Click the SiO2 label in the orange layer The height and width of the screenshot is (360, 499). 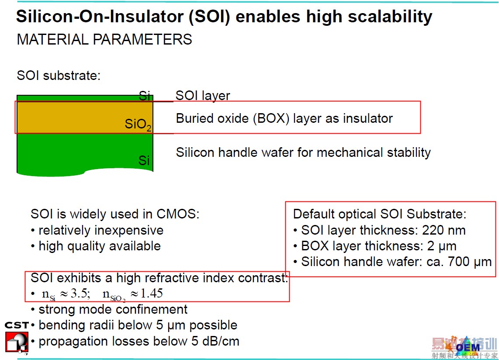(138, 124)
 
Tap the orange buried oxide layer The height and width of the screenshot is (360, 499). (85, 117)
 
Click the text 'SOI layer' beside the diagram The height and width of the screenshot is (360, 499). (203, 96)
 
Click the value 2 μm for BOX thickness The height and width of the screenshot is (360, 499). (442, 246)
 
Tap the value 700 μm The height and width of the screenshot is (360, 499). (470, 262)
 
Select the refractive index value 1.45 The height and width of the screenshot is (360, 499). (152, 293)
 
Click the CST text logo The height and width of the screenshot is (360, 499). (17, 325)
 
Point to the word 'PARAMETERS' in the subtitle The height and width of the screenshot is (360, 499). (142, 39)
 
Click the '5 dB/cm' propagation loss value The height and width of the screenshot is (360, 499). (215, 341)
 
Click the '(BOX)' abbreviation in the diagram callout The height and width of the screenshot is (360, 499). (271, 118)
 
